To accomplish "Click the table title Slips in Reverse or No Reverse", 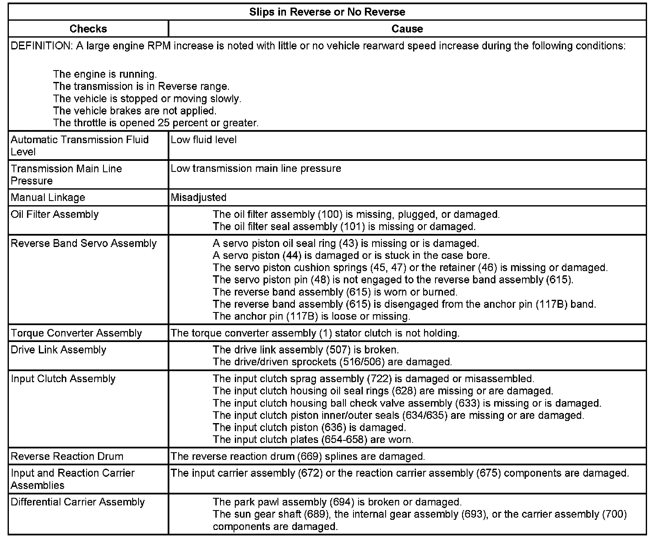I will (327, 12).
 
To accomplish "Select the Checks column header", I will (88, 29).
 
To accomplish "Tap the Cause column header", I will (407, 29).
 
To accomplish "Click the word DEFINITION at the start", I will (41, 46).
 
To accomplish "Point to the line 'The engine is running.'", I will (105, 74).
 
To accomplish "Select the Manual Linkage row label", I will (48, 197).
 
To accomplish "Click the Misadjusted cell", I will (199, 197).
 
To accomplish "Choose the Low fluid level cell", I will (204, 140).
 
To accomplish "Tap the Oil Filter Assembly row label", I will (54, 214).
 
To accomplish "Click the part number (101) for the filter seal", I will (353, 226).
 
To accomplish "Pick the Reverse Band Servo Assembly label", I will (84, 243).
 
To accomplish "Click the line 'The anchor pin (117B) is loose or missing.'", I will (311, 316).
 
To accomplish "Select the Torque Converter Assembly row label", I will (76, 333).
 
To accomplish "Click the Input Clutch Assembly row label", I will (63, 379).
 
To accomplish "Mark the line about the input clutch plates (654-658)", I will (313, 440).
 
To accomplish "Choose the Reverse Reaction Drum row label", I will (67, 456).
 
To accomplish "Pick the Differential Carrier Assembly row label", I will (78, 502).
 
